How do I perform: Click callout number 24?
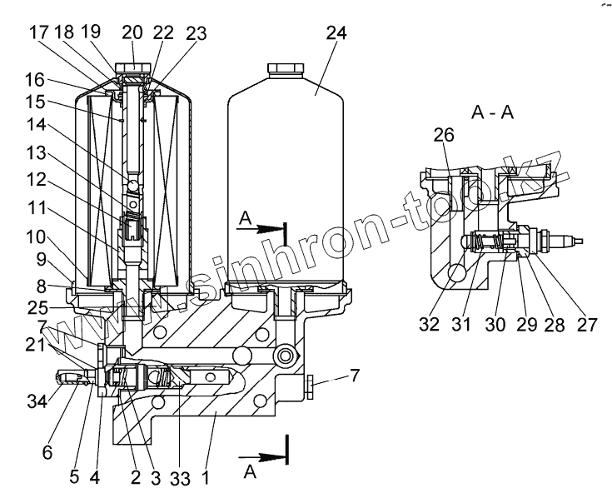coord(337,33)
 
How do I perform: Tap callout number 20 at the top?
coord(132,33)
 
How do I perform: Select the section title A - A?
coord(492,113)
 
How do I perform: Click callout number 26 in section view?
coord(444,135)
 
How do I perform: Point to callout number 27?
coord(587,324)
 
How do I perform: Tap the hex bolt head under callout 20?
coord(132,67)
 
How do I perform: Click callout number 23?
coord(196,33)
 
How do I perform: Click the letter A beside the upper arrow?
coord(244,217)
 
